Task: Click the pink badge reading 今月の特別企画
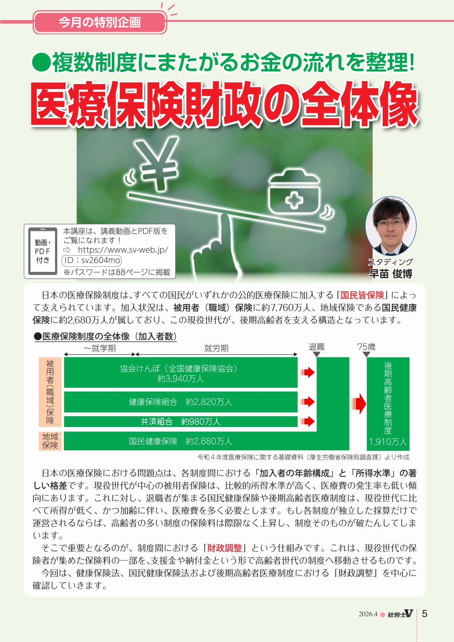click(100, 22)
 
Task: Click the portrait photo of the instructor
click(391, 226)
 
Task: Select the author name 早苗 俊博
click(391, 274)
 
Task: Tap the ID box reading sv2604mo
click(92, 260)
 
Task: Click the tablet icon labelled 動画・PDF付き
click(42, 251)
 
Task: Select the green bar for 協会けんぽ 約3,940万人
click(181, 372)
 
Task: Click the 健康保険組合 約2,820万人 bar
click(181, 402)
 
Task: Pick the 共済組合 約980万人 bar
click(181, 422)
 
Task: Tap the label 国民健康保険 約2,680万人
click(181, 441)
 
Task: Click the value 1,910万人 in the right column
click(388, 442)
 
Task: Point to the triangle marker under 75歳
click(366, 355)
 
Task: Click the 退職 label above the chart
click(317, 347)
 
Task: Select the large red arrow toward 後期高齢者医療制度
click(359, 404)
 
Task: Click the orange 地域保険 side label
click(50, 441)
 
